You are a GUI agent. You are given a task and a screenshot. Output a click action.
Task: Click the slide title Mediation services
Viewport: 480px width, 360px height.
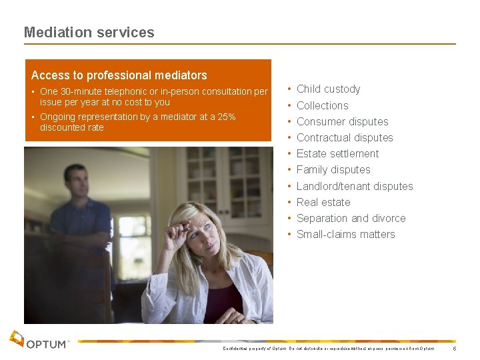click(89, 32)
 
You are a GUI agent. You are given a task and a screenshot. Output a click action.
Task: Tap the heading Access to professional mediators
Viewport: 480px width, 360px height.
click(119, 75)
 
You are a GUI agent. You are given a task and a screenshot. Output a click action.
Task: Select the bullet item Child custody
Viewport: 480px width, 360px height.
click(328, 89)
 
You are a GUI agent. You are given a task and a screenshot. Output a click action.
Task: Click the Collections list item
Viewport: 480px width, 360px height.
click(322, 105)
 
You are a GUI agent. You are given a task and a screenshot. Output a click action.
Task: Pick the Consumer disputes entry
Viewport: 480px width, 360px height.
click(342, 121)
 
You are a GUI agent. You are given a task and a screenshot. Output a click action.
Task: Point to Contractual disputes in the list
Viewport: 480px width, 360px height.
click(345, 137)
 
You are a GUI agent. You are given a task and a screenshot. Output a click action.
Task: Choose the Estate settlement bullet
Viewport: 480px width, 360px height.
click(337, 153)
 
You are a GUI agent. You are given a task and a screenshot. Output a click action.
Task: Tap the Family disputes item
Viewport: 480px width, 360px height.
click(333, 169)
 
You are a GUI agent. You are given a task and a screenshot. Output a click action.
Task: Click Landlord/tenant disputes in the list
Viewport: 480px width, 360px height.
click(355, 186)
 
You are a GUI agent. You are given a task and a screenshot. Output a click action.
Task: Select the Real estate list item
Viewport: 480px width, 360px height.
click(323, 202)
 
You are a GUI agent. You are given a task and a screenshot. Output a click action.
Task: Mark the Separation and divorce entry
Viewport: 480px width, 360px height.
click(351, 218)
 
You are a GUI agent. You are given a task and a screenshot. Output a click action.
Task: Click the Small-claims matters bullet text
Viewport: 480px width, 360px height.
click(345, 234)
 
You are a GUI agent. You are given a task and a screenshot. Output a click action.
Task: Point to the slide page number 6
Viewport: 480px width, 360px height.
click(454, 349)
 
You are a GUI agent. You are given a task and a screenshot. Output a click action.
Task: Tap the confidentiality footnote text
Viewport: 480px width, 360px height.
click(327, 349)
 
